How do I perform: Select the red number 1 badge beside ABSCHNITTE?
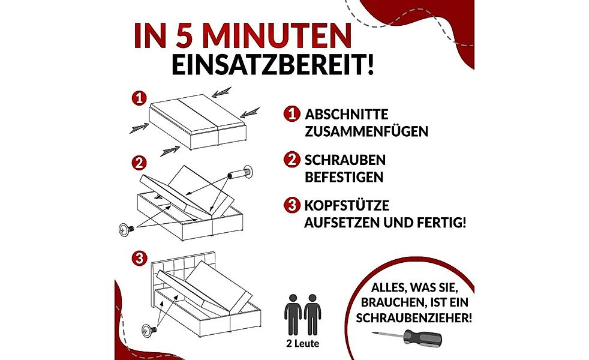point(292,114)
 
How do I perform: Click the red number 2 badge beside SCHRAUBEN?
point(292,161)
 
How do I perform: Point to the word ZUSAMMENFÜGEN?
point(366,131)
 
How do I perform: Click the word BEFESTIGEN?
point(344,178)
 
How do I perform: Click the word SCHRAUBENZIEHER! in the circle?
point(413,318)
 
